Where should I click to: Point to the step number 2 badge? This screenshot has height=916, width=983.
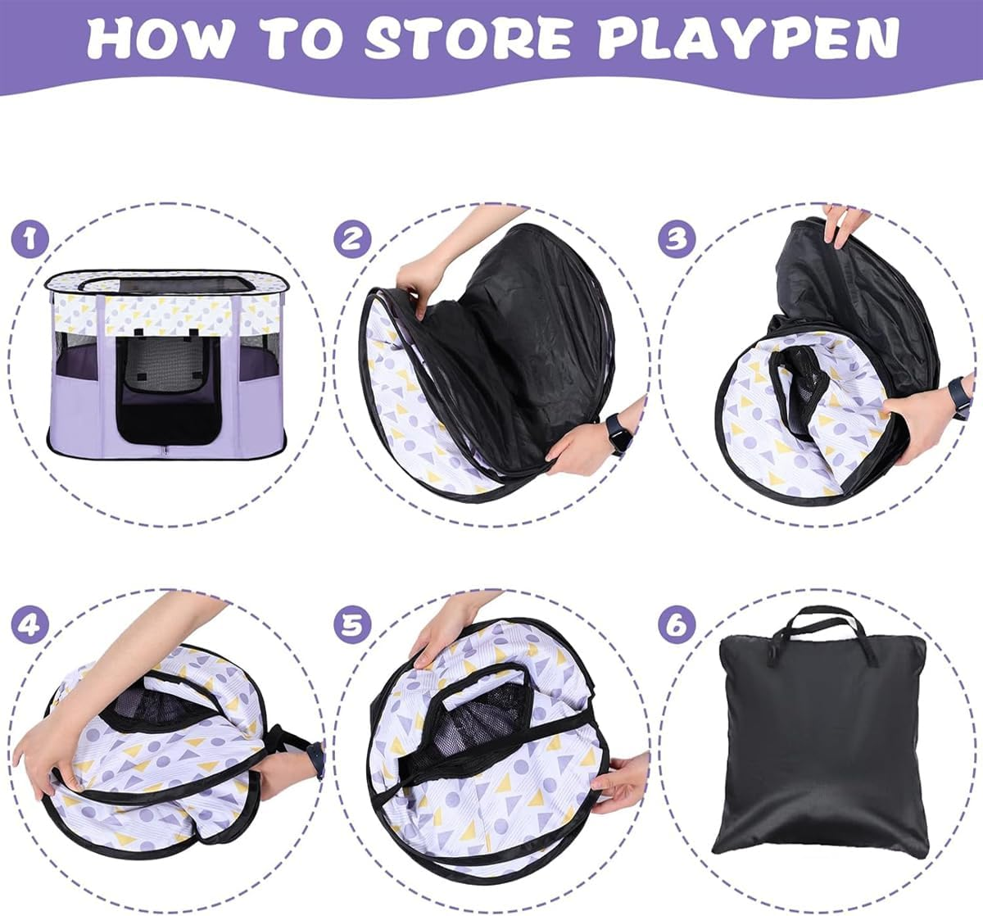pos(352,239)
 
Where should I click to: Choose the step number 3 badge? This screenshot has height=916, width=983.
pos(677,239)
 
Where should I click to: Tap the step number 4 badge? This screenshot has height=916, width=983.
pos(30,625)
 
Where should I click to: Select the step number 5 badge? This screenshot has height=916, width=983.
pos(352,625)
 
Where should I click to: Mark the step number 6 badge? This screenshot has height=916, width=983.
pos(677,625)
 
